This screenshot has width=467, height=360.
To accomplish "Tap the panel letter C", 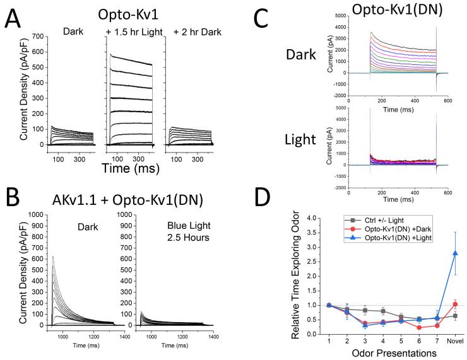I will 293,21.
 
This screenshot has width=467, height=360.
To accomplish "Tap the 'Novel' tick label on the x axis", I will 436,340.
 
